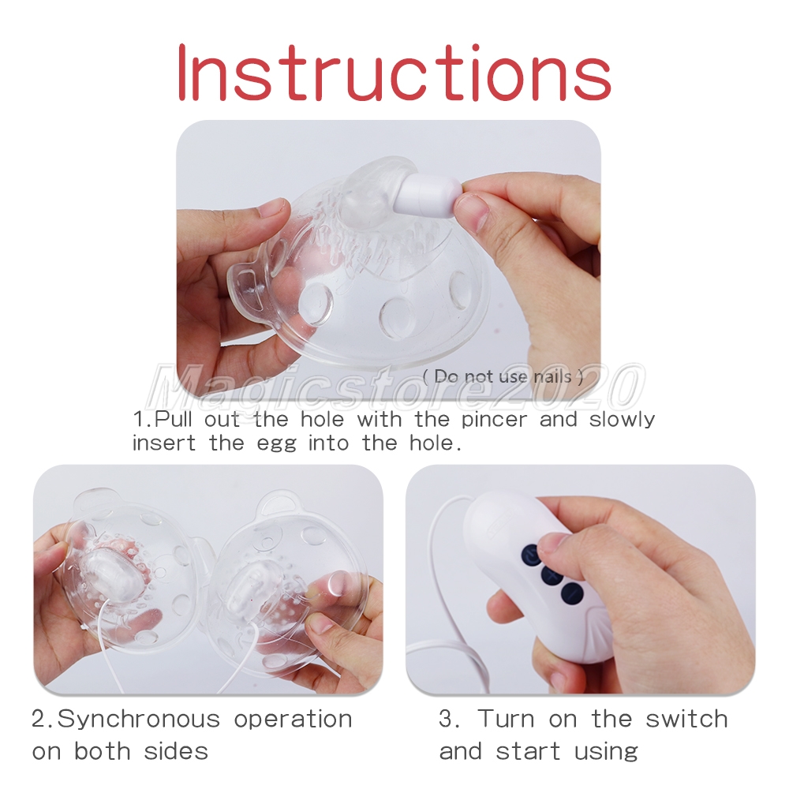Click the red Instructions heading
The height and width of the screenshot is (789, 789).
[394, 73]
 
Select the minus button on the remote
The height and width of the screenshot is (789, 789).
[573, 594]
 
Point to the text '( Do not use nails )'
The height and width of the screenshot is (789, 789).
[503, 376]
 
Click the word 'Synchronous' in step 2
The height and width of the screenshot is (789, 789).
[139, 720]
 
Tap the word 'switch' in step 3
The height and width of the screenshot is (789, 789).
[687, 719]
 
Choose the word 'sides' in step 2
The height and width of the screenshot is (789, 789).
[176, 751]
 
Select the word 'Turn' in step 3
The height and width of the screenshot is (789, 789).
[506, 719]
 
